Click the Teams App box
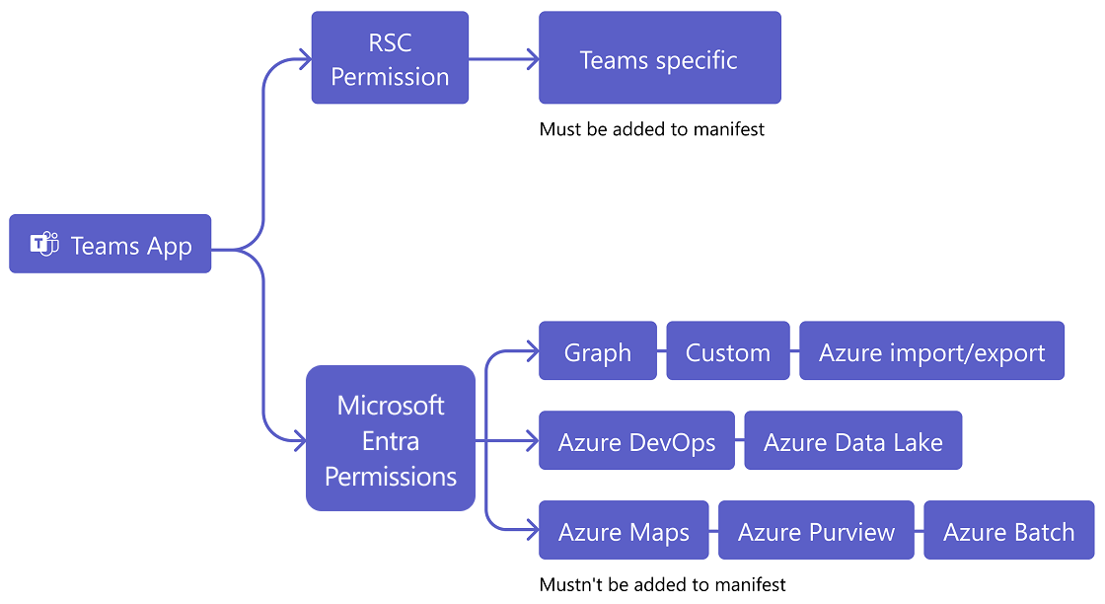[x=110, y=244]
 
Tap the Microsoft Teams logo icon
[x=44, y=245]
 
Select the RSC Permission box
[x=390, y=58]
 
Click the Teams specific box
[x=659, y=58]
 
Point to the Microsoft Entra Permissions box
[x=391, y=439]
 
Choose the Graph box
[x=597, y=351]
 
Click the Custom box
[x=728, y=351]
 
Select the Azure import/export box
[x=931, y=351]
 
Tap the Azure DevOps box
[x=636, y=441]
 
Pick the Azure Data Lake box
[x=852, y=441]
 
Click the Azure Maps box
[x=624, y=531]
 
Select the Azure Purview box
[x=816, y=531]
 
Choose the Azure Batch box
[x=1008, y=531]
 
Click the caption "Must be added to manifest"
[x=652, y=129]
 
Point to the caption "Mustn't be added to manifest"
[x=662, y=584]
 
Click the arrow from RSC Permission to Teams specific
[x=503, y=59]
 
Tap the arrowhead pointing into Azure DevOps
[x=532, y=441]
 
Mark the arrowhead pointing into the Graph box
[x=532, y=351]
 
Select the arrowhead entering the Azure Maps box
[x=532, y=531]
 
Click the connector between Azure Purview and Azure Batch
[x=919, y=531]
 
